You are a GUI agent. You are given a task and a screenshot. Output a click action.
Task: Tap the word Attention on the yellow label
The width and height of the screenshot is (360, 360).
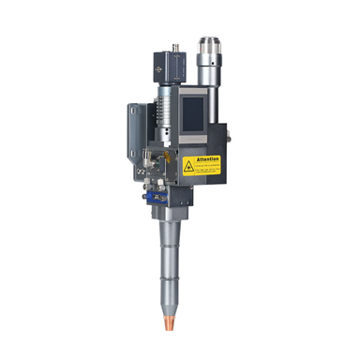[x=208, y=159]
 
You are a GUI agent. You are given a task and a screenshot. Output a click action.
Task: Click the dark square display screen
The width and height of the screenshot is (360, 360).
[x=193, y=110]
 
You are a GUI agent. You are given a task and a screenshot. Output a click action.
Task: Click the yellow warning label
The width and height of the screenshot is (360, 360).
[x=201, y=166]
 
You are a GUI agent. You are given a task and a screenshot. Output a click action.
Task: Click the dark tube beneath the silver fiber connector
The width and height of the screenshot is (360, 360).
[x=210, y=89]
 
